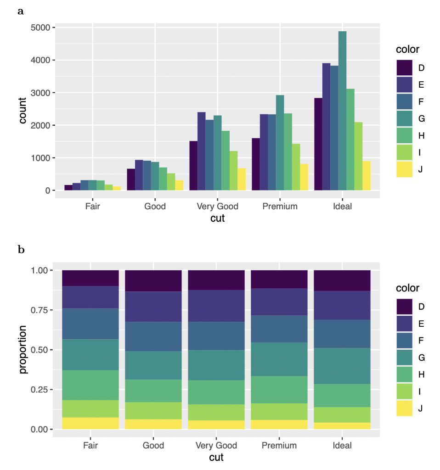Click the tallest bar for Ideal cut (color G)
click(342, 111)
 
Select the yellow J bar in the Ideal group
click(366, 176)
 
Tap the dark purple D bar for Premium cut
click(256, 164)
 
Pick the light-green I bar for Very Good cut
click(234, 171)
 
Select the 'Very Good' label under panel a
click(217, 207)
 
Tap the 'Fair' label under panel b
click(90, 446)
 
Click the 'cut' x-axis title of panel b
click(217, 458)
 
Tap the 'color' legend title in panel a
click(407, 50)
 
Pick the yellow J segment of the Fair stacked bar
click(90, 423)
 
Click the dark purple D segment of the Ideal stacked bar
click(342, 280)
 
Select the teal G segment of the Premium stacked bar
click(279, 359)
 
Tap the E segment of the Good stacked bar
click(153, 307)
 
